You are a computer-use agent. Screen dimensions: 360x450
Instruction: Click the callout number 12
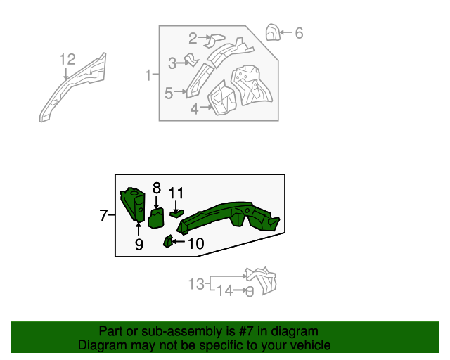(x=67, y=60)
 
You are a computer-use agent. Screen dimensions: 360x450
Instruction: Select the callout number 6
(x=299, y=32)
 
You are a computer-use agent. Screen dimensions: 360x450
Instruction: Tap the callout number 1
(x=148, y=75)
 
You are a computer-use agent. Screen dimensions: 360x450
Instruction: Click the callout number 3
(x=172, y=64)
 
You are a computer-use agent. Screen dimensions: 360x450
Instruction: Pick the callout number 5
(x=169, y=92)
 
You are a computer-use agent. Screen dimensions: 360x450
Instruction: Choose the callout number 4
(x=195, y=108)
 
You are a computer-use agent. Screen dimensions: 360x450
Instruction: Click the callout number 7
(x=103, y=215)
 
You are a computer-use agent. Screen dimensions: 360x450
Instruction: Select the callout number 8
(x=156, y=188)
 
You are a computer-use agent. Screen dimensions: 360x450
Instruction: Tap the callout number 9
(x=139, y=244)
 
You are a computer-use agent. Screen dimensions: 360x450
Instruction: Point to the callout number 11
(x=176, y=192)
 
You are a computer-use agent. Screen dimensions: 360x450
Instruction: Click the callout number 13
(x=196, y=284)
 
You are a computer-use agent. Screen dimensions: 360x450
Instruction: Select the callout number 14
(x=225, y=290)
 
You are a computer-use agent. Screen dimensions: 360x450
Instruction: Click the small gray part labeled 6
(x=272, y=32)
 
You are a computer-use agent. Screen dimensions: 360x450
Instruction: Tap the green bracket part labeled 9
(x=132, y=204)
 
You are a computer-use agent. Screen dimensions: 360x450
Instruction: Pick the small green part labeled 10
(x=168, y=243)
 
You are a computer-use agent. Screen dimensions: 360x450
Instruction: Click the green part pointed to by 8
(x=156, y=218)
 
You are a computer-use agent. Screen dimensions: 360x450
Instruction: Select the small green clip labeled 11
(x=176, y=212)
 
